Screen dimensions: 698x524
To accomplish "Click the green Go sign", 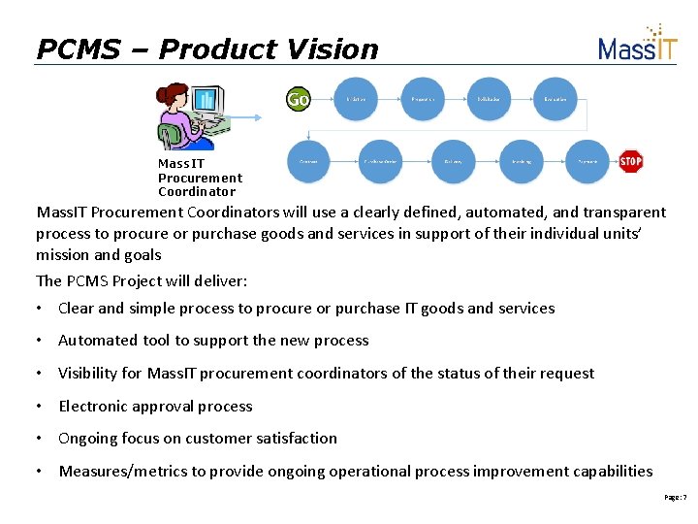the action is click(298, 99).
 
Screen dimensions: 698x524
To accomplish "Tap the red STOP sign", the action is click(631, 161).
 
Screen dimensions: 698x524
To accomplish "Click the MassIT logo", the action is click(637, 45).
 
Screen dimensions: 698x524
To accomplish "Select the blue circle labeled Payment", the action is click(587, 161).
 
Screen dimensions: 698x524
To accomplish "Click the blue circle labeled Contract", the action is click(309, 161).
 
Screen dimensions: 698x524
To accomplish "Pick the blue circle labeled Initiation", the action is click(356, 99).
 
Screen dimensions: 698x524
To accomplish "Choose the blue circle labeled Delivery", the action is click(453, 161).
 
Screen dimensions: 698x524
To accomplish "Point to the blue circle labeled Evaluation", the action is click(555, 99).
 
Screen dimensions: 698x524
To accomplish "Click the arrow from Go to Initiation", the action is click(323, 99).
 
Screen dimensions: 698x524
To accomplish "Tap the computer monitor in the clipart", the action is click(206, 101).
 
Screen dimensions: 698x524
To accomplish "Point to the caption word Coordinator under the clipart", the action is click(197, 191).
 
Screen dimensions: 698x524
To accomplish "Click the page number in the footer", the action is click(675, 497).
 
